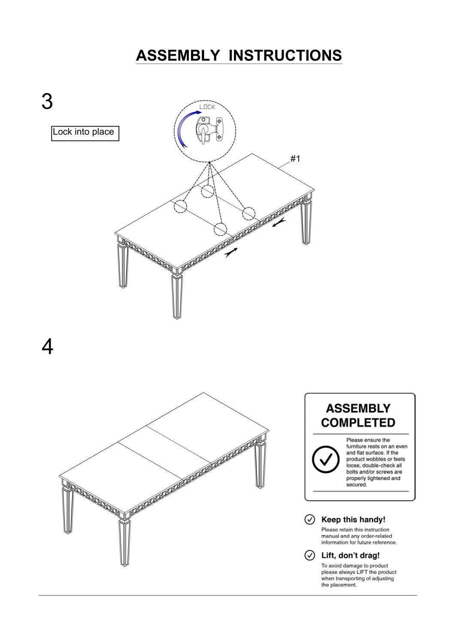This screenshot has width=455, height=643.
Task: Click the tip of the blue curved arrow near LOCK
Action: [x=202, y=112]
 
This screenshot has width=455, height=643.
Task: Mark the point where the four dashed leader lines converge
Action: [x=209, y=162]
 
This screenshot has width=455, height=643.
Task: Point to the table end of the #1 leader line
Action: [x=278, y=168]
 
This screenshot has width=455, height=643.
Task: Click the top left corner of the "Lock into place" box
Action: [x=52, y=126]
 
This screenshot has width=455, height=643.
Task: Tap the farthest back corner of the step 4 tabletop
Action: [x=203, y=392]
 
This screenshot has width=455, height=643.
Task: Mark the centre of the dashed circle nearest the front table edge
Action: [x=220, y=229]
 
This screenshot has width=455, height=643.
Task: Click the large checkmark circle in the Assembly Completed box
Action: [x=326, y=459]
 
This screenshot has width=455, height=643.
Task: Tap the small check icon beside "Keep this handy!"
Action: [x=309, y=520]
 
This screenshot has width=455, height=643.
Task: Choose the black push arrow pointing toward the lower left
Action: [x=279, y=222]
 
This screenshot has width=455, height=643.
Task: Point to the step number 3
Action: [x=47, y=101]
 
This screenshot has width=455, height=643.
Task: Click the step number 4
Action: [x=47, y=347]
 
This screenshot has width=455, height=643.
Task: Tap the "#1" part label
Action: [x=295, y=159]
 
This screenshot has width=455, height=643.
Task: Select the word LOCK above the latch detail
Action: [x=207, y=107]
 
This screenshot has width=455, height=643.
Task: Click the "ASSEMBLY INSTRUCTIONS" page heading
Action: [x=239, y=55]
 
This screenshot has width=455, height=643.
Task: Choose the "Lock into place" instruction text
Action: [x=83, y=132]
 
